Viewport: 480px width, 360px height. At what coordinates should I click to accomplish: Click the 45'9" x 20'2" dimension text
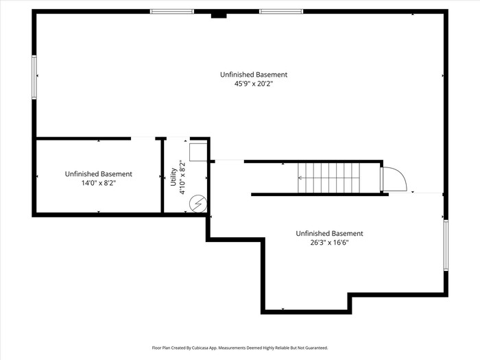254,84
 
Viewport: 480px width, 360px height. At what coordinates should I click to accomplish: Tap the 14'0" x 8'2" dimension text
99,183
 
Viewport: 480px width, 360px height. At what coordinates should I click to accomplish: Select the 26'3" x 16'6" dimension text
329,243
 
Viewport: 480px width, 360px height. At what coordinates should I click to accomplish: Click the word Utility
173,177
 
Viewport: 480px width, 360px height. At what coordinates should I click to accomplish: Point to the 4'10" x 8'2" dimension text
183,177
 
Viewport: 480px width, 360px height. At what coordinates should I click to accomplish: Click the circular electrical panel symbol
198,204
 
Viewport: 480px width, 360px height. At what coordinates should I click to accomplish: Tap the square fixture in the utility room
198,152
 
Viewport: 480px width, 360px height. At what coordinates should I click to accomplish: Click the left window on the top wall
172,12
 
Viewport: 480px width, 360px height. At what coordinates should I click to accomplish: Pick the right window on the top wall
281,12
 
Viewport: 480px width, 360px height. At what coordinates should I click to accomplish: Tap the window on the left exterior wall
34,77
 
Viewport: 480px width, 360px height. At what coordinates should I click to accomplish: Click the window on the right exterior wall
446,245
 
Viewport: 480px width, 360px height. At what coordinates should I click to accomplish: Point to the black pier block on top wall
219,16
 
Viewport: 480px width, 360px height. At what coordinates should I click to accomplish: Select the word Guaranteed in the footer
318,348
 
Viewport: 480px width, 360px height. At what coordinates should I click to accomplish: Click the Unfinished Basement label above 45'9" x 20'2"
254,75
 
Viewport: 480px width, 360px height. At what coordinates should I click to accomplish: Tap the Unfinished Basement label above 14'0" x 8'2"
99,174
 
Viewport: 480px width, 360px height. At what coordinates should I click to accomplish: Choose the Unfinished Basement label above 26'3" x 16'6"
329,234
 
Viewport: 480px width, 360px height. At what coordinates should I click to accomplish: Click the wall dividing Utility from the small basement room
163,176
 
